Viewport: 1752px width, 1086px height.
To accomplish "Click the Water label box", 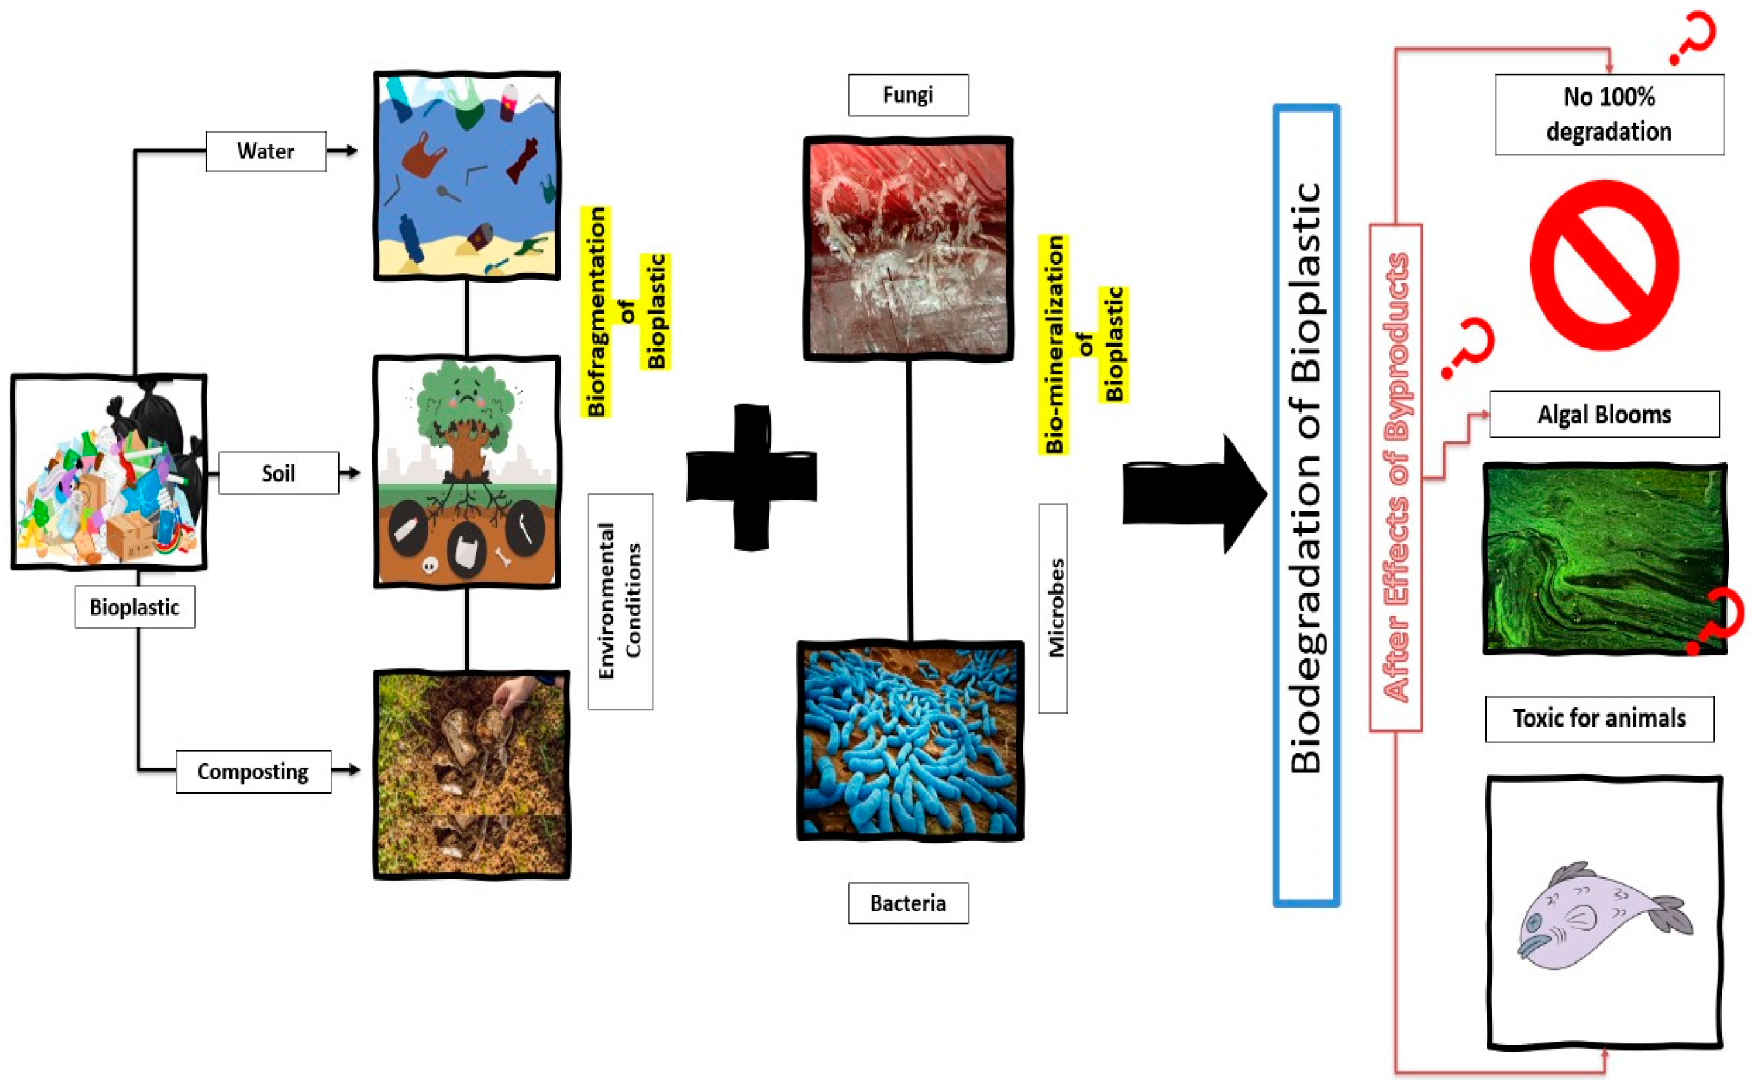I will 265,151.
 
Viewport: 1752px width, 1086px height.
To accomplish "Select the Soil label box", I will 278,473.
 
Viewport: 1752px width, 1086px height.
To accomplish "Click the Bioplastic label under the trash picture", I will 134,607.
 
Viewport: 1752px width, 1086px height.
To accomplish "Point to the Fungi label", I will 907,95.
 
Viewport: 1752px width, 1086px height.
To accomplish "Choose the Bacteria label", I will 907,903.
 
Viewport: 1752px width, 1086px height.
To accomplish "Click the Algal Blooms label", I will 1603,414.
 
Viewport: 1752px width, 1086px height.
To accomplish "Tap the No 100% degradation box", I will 1608,114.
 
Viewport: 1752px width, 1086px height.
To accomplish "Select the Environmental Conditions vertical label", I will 620,601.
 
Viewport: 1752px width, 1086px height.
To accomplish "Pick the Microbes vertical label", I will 1053,607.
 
